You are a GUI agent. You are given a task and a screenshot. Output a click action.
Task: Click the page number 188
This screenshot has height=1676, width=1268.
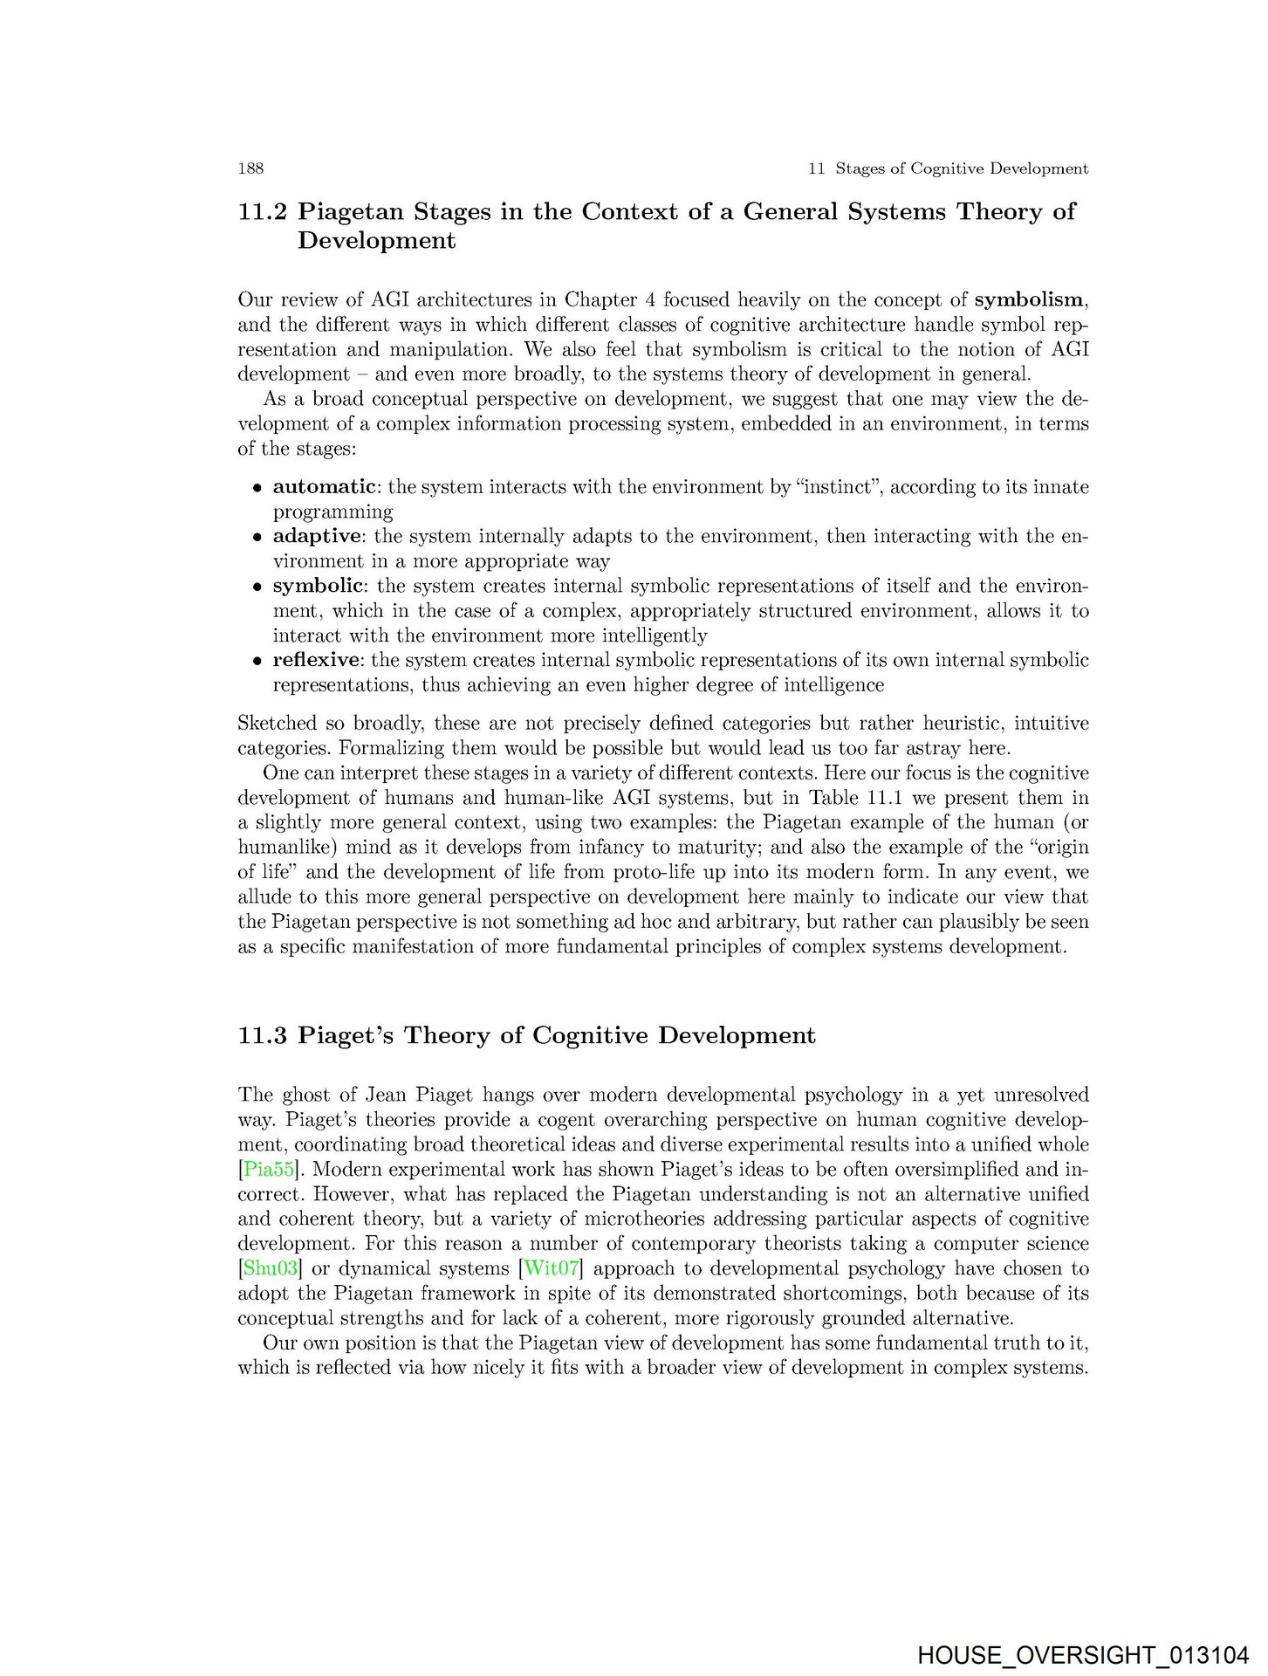tap(250, 168)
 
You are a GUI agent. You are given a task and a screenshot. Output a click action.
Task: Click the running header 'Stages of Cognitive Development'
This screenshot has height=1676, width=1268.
tap(961, 168)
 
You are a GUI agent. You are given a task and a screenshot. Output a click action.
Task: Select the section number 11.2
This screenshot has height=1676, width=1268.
tap(263, 212)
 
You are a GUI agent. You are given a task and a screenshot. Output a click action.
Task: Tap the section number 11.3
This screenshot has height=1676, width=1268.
tap(263, 1036)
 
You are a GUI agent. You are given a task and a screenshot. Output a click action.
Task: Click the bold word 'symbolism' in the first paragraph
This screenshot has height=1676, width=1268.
tap(1029, 300)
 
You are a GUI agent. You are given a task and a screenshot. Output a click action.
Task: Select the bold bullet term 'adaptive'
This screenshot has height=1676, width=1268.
tap(316, 536)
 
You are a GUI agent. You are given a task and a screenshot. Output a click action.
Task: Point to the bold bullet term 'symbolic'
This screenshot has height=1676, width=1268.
tap(317, 586)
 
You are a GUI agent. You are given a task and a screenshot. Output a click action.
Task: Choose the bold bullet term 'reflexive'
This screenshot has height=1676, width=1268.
tap(316, 660)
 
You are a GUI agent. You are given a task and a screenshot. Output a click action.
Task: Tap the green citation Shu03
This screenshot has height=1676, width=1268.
tap(271, 1268)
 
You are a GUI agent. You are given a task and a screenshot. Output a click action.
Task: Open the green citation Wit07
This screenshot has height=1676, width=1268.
tap(551, 1268)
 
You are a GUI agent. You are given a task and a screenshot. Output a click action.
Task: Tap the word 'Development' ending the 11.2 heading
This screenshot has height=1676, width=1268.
tap(376, 241)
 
